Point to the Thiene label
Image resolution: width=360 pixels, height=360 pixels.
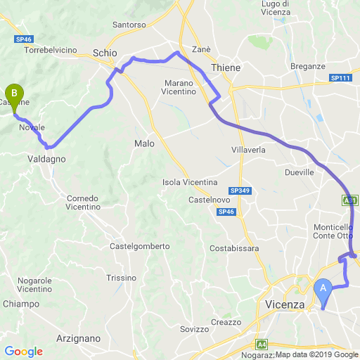coord(225,67)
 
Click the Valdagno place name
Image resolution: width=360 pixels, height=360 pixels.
coord(47,159)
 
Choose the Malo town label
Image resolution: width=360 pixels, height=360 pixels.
coord(143,143)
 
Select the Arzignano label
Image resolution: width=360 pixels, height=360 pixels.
coord(78,338)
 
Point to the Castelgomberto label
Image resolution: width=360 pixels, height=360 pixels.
coord(140,246)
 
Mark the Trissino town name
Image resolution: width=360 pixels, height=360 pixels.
coord(120,278)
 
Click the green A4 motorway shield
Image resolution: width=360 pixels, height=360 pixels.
coord(262,345)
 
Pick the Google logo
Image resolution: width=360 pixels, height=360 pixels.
coord(23,352)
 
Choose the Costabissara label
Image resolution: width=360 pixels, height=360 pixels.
coord(235,248)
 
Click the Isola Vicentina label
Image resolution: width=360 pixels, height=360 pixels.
coord(190,182)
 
